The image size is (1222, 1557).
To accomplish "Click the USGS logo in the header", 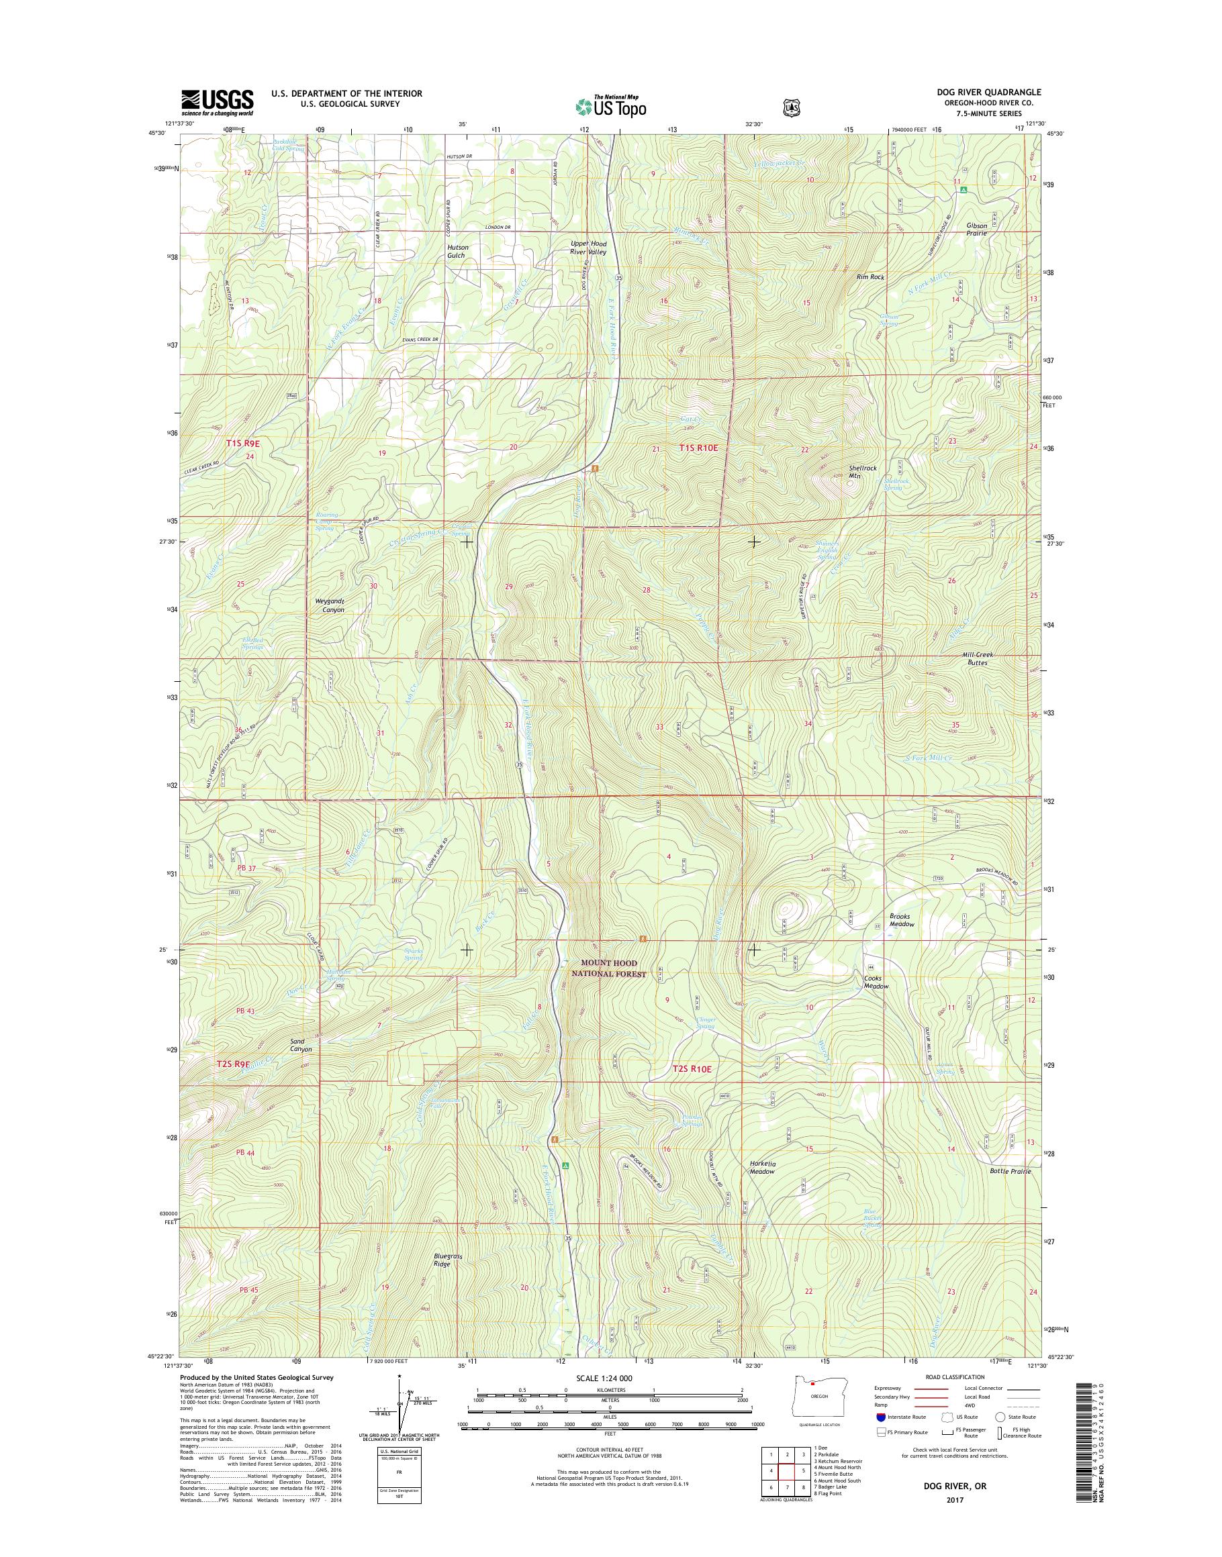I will click(217, 102).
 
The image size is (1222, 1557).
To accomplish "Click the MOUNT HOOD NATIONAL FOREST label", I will click(610, 968).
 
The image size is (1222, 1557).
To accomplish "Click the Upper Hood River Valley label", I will click(588, 248).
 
